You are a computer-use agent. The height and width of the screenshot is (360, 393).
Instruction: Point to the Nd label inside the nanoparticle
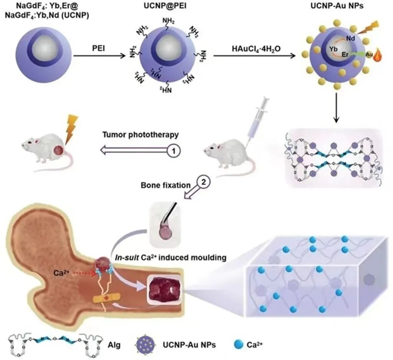tap(350, 38)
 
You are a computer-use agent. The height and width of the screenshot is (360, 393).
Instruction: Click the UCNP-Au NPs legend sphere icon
tap(147, 345)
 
